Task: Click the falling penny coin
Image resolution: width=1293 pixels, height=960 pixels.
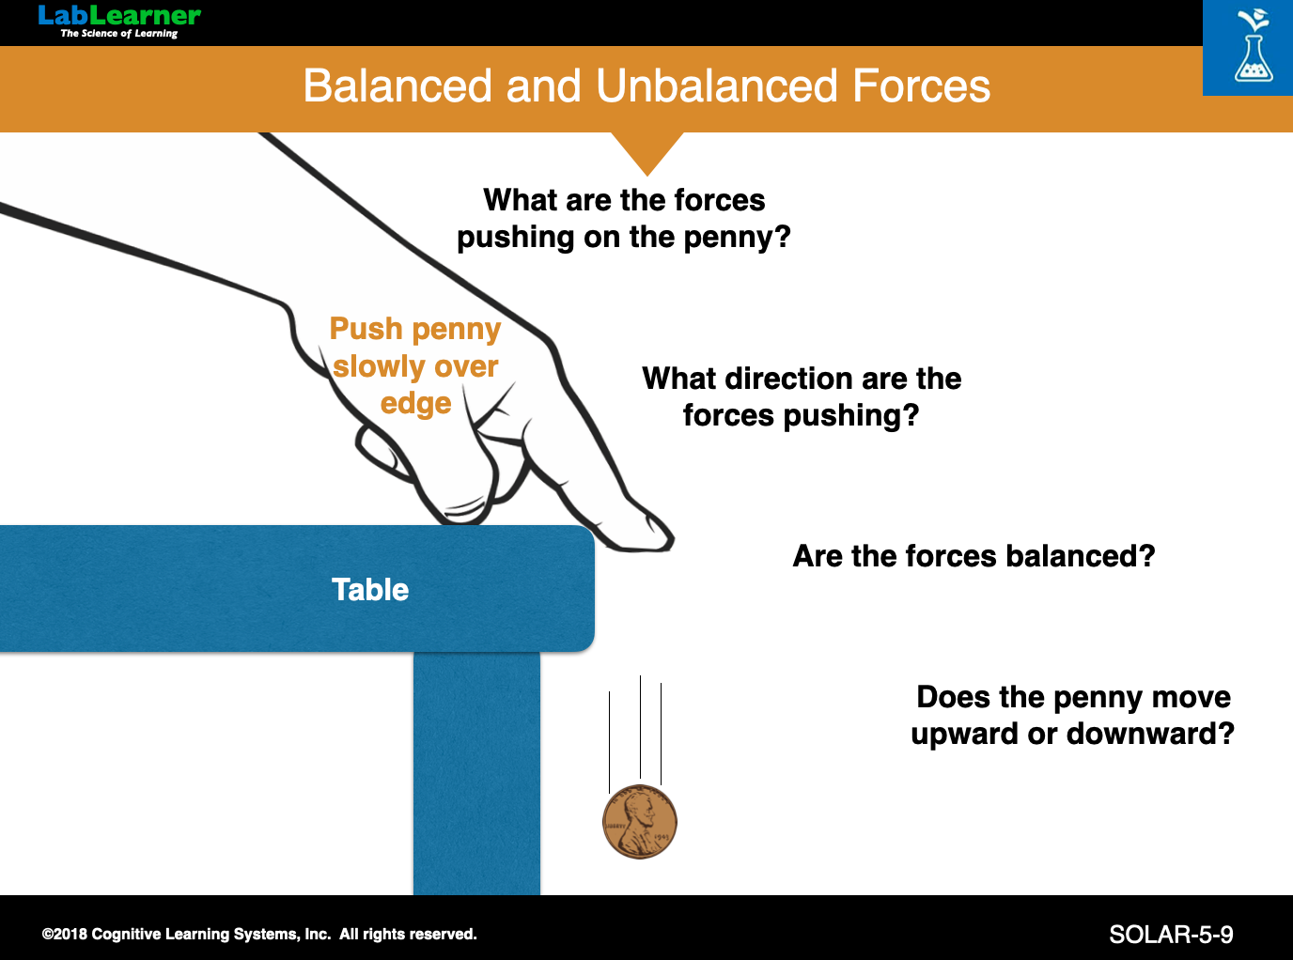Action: point(640,821)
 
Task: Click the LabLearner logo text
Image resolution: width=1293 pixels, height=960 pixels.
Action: point(119,16)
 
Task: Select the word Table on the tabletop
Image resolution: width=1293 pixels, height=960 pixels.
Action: point(370,589)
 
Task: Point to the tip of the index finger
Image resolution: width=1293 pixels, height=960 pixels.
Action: point(672,541)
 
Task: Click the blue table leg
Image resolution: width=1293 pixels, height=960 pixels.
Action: point(476,773)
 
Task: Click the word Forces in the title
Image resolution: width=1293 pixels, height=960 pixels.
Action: point(921,85)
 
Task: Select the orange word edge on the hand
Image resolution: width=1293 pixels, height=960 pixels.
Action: point(415,404)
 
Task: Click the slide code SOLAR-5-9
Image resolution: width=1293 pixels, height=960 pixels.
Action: point(1171,935)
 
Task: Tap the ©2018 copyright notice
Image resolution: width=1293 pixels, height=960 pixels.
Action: point(259,934)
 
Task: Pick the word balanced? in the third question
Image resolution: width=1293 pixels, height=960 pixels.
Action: point(1081,555)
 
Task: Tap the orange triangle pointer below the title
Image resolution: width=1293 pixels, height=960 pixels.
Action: point(647,153)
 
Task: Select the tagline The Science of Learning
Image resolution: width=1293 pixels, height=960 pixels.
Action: point(119,34)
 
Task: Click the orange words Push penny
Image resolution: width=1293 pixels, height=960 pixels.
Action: point(415,330)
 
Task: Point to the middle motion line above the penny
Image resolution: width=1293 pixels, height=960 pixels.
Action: point(640,727)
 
